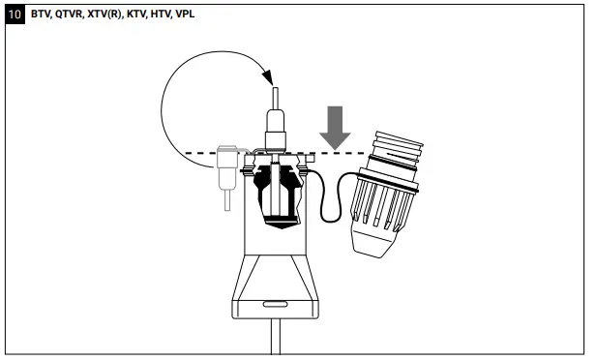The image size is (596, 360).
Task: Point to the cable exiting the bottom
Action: [274, 339]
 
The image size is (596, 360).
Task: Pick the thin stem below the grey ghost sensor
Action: [226, 198]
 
